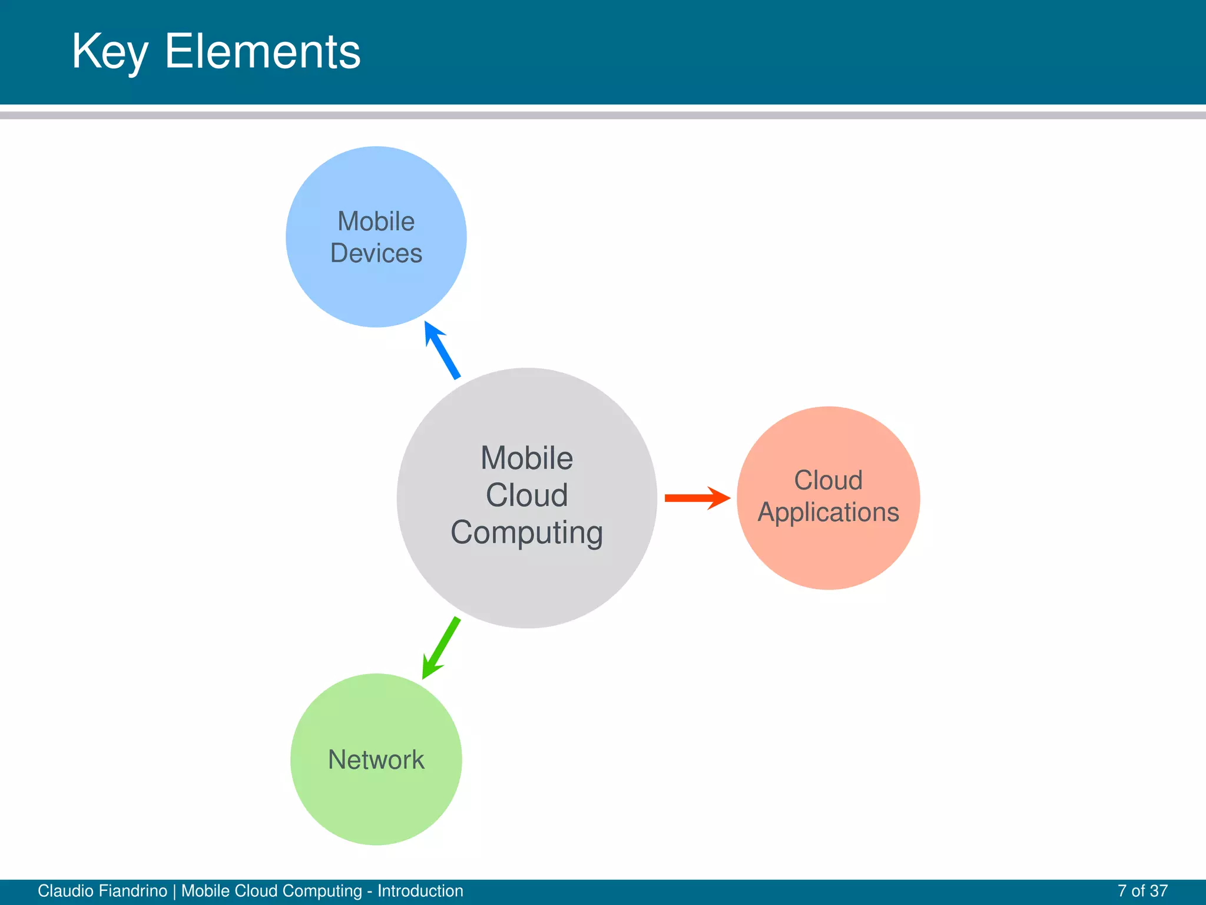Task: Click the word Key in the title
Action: (x=110, y=52)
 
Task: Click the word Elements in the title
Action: (x=262, y=52)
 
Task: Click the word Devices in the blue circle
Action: (x=376, y=253)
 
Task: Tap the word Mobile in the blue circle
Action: (x=376, y=222)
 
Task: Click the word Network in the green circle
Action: (x=376, y=759)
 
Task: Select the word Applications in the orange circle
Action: (x=828, y=512)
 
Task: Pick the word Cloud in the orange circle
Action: (x=828, y=480)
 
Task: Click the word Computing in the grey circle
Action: (x=526, y=533)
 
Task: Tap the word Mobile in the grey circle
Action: (x=526, y=458)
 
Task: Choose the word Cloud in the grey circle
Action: (x=526, y=495)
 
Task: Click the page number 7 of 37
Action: (x=1142, y=891)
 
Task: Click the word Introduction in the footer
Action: (x=420, y=891)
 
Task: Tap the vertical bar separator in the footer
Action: (x=174, y=891)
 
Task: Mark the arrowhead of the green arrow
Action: (x=430, y=669)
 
